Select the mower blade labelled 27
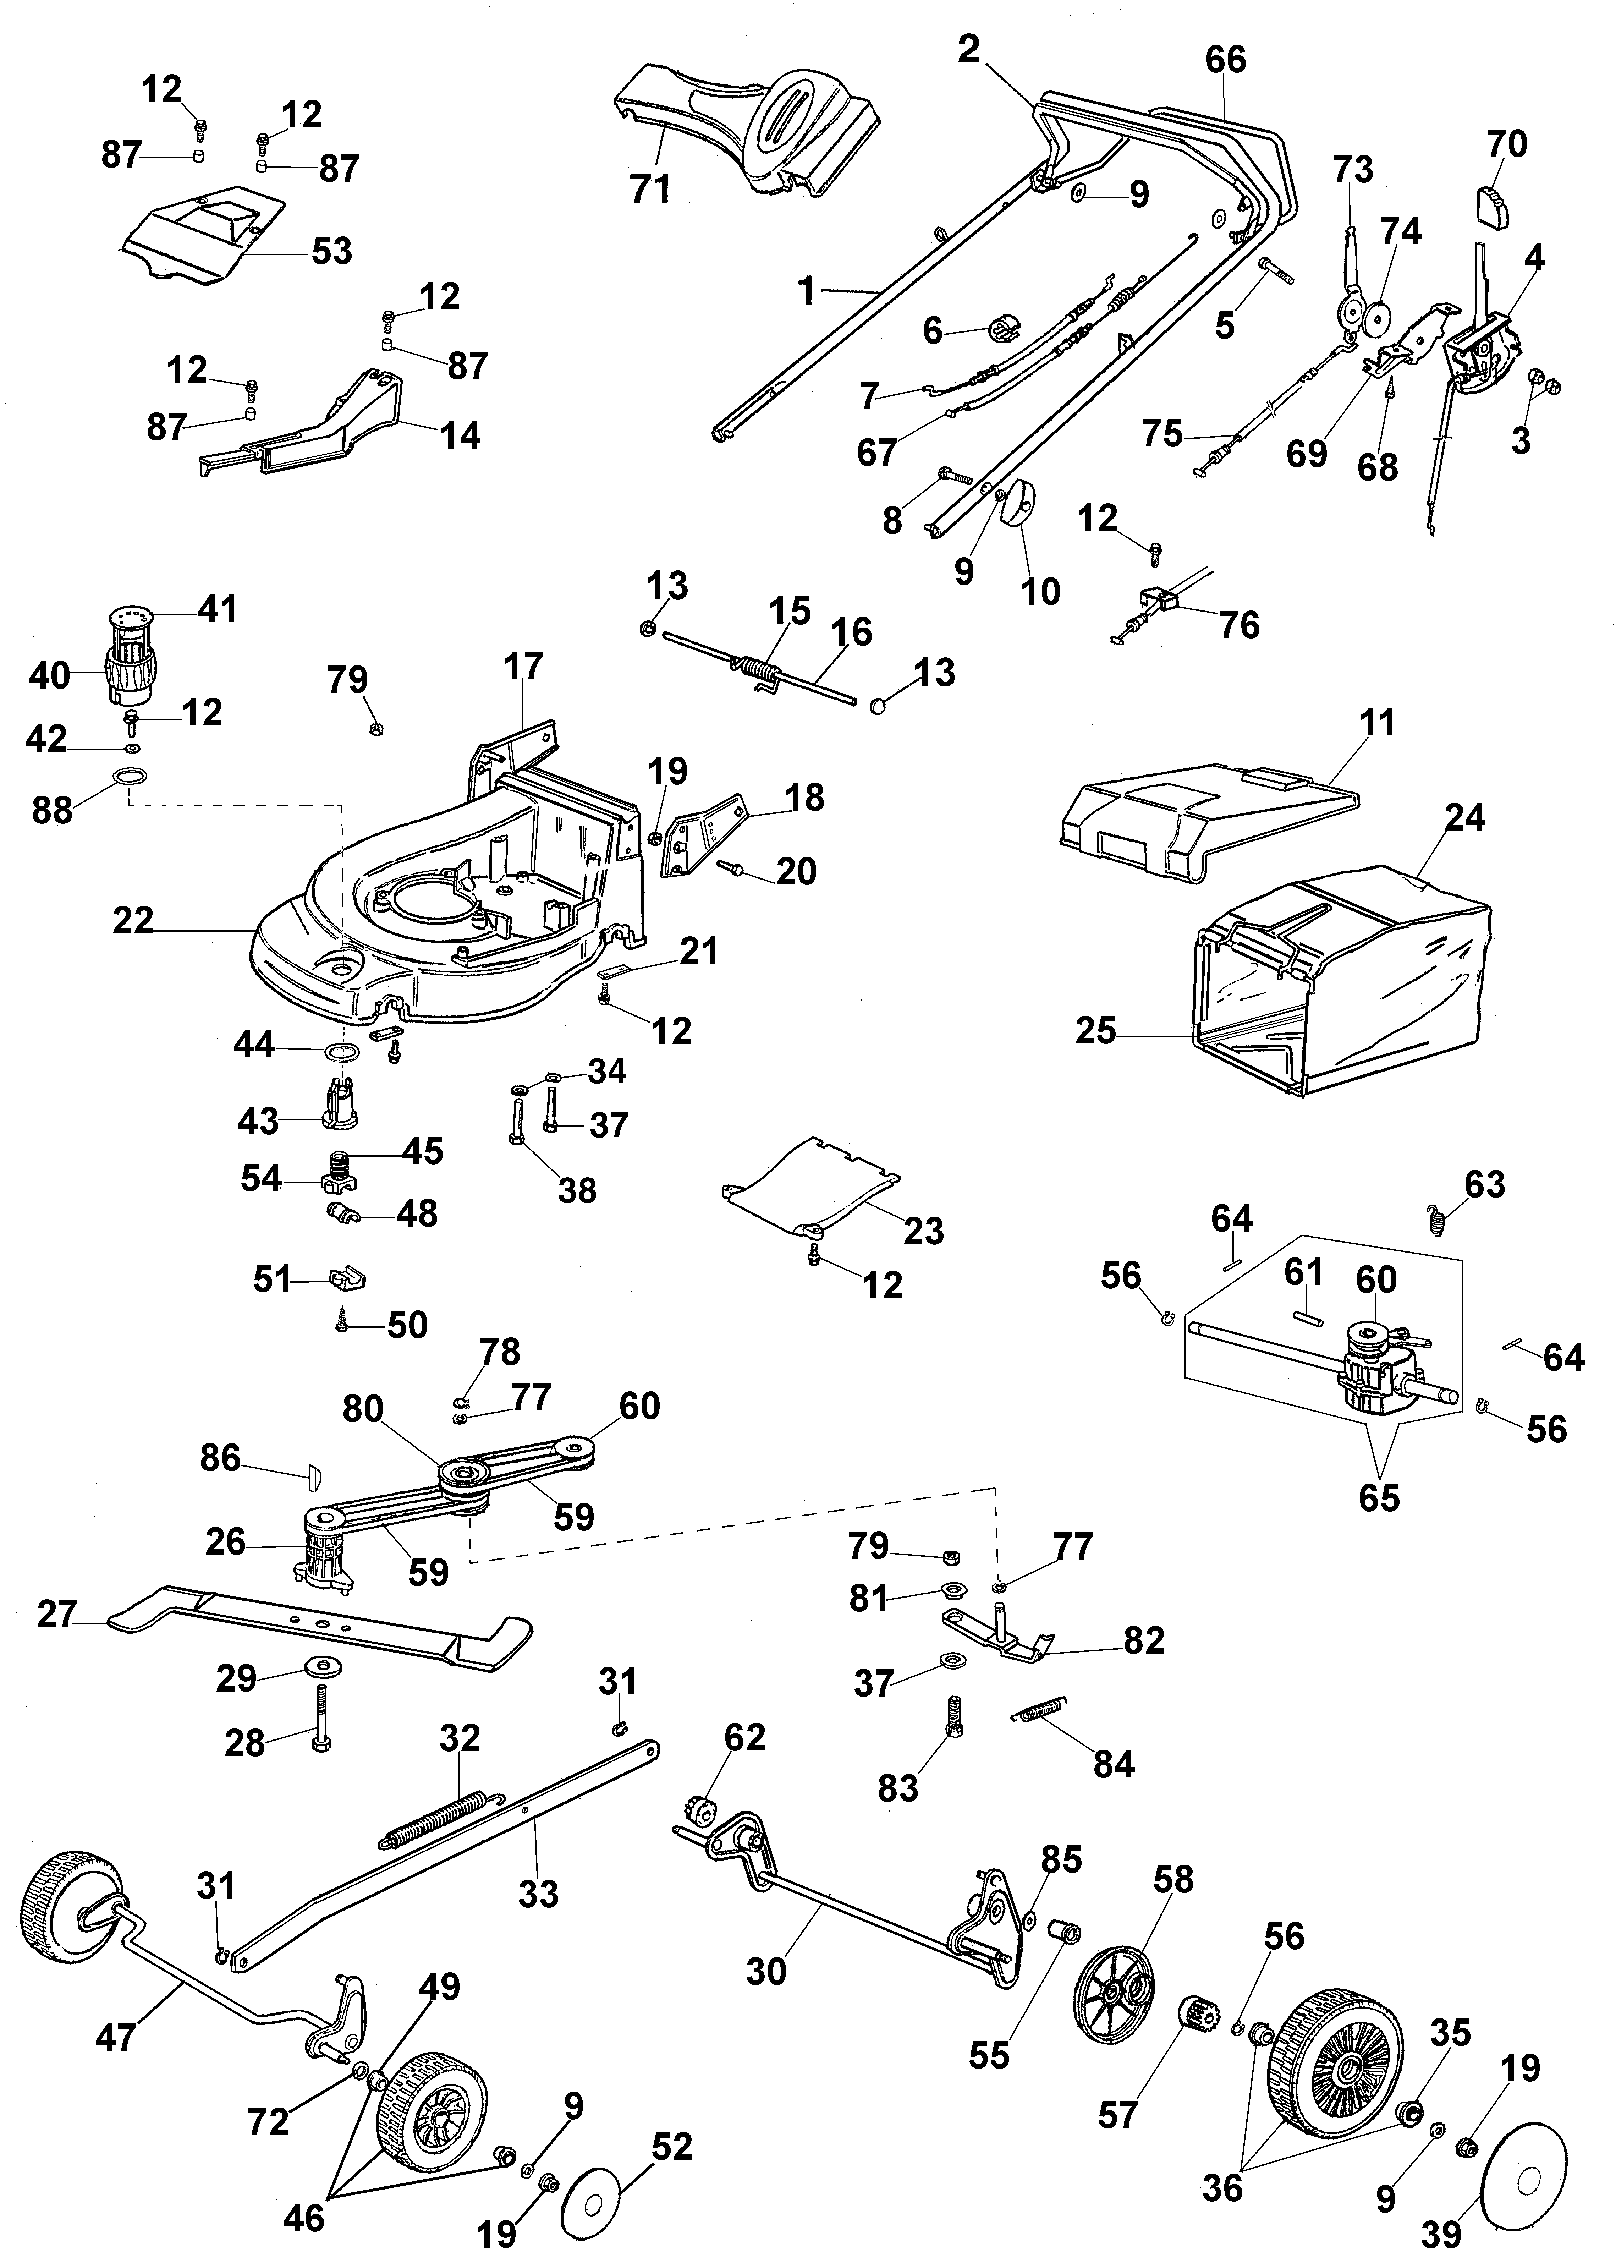coord(318,1628)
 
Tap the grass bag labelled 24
coord(1343,980)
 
